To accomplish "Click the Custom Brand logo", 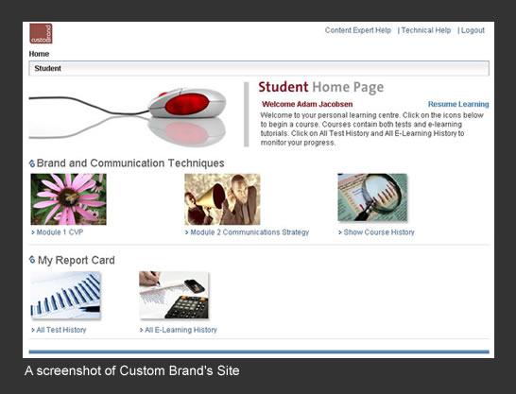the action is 41,33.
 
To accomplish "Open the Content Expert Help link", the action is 358,30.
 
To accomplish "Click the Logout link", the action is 473,30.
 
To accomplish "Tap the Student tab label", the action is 47,68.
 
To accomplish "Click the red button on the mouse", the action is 187,104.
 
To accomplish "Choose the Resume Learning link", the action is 458,104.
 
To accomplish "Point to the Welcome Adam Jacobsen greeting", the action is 307,104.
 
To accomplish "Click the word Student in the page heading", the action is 284,87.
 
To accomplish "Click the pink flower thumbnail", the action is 68,199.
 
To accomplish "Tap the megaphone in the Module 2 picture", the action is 212,197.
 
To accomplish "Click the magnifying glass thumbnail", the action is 372,197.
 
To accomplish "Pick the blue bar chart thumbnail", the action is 65,295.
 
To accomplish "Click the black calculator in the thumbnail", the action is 187,307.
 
